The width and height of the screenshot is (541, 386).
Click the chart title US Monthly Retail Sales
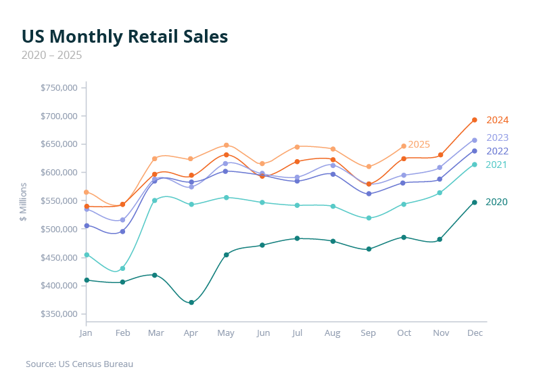(124, 37)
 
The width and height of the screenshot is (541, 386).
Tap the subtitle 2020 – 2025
(52, 55)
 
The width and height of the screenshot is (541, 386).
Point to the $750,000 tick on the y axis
(60, 88)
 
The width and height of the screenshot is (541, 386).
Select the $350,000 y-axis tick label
(60, 314)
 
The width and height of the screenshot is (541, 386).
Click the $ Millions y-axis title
(23, 201)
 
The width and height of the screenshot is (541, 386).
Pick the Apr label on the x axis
(191, 334)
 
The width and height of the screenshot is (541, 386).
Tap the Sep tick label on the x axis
(369, 334)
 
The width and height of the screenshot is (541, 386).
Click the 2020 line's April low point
(191, 303)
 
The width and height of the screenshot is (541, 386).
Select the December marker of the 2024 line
(475, 120)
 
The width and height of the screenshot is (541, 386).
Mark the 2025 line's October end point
(404, 146)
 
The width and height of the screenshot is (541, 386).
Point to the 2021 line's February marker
(122, 268)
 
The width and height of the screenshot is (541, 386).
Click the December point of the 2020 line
(475, 202)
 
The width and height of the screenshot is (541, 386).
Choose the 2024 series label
(497, 120)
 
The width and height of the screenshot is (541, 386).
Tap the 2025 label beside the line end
(419, 144)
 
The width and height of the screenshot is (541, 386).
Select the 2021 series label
(497, 165)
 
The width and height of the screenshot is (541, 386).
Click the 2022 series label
(497, 151)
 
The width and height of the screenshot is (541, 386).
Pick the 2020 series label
(497, 202)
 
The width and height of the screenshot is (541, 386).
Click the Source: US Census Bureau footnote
(79, 364)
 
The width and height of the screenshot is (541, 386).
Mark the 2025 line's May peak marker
(227, 146)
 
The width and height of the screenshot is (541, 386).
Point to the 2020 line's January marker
(86, 280)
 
